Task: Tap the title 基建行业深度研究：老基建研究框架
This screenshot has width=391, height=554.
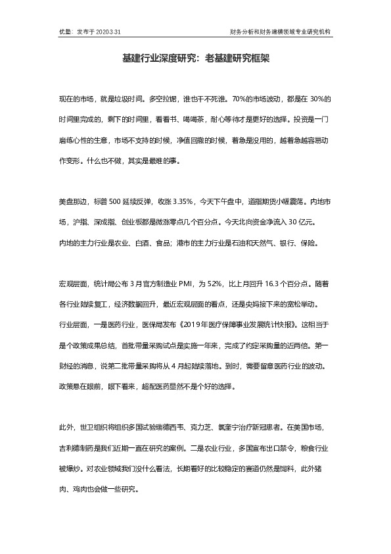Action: (196, 59)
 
